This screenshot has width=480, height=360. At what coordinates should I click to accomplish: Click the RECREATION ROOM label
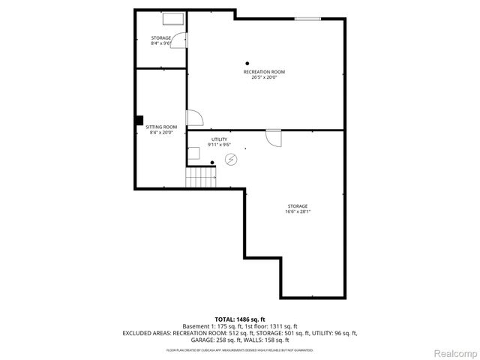[263, 72]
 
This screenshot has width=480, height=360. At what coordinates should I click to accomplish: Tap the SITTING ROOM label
[161, 127]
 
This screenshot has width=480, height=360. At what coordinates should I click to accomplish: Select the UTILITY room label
[219, 139]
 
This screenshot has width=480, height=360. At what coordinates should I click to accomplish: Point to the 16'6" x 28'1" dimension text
[297, 211]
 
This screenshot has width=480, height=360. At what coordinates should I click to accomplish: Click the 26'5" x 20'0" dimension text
[263, 77]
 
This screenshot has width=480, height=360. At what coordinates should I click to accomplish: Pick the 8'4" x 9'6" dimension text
[161, 43]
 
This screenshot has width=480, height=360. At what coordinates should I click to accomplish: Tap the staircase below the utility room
[201, 178]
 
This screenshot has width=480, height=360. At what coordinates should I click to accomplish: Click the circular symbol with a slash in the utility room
[231, 159]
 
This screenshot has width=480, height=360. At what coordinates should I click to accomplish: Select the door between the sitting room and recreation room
[193, 118]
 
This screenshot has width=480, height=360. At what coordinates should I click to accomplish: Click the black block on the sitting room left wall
[139, 119]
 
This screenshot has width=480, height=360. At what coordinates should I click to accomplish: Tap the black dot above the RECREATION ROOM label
[247, 63]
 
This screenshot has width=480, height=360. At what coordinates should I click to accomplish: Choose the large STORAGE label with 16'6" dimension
[297, 206]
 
